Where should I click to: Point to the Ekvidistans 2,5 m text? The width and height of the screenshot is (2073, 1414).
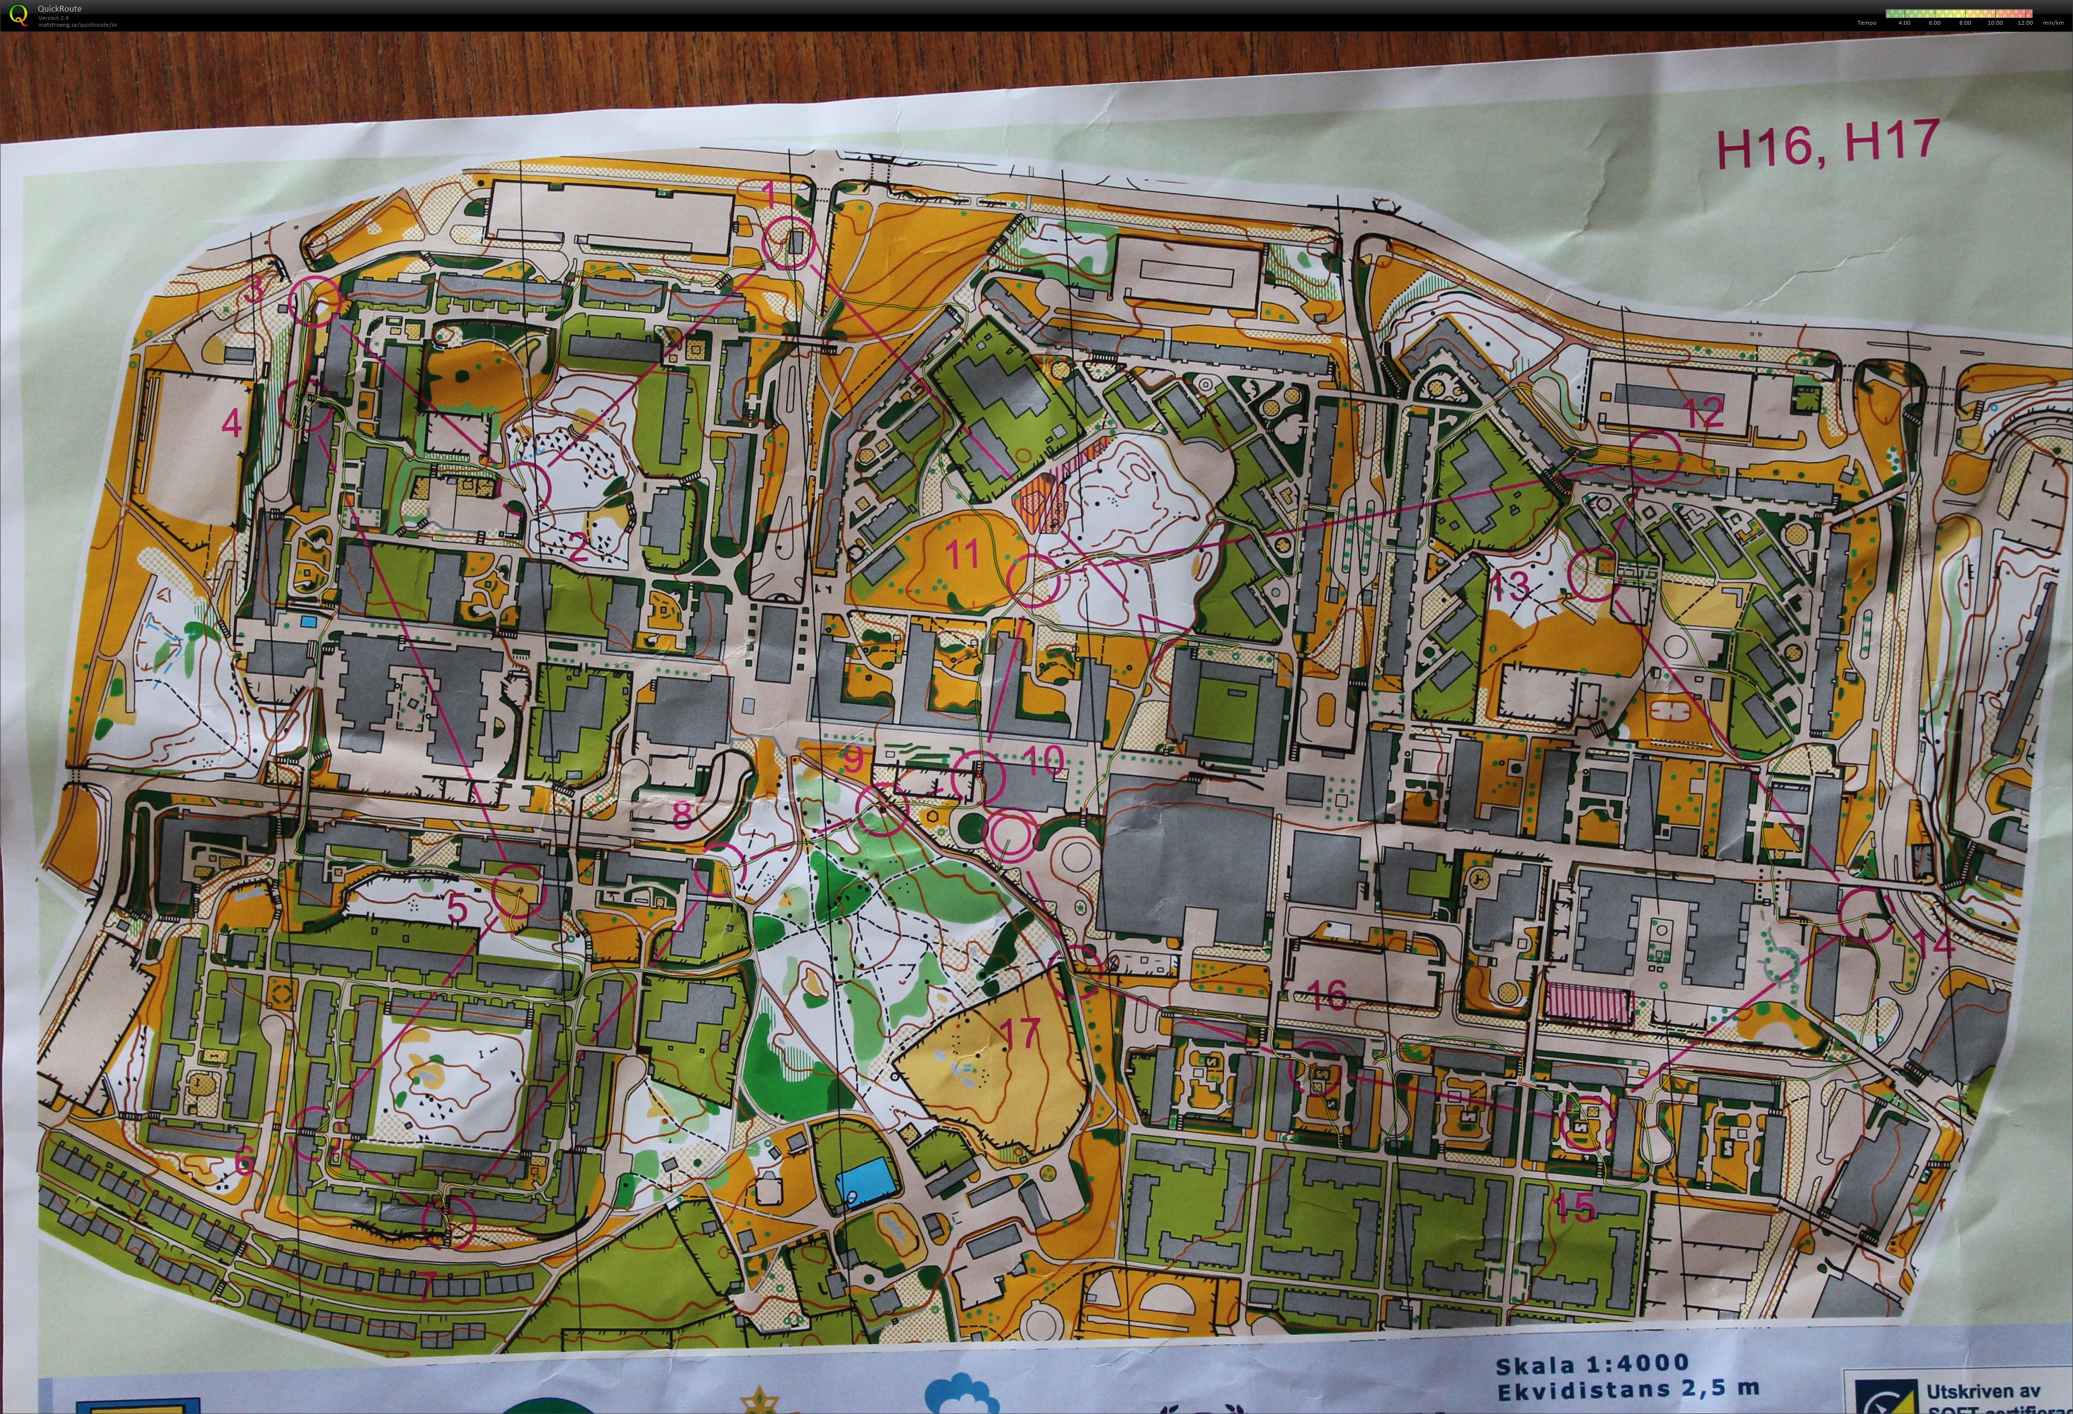1628,1390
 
